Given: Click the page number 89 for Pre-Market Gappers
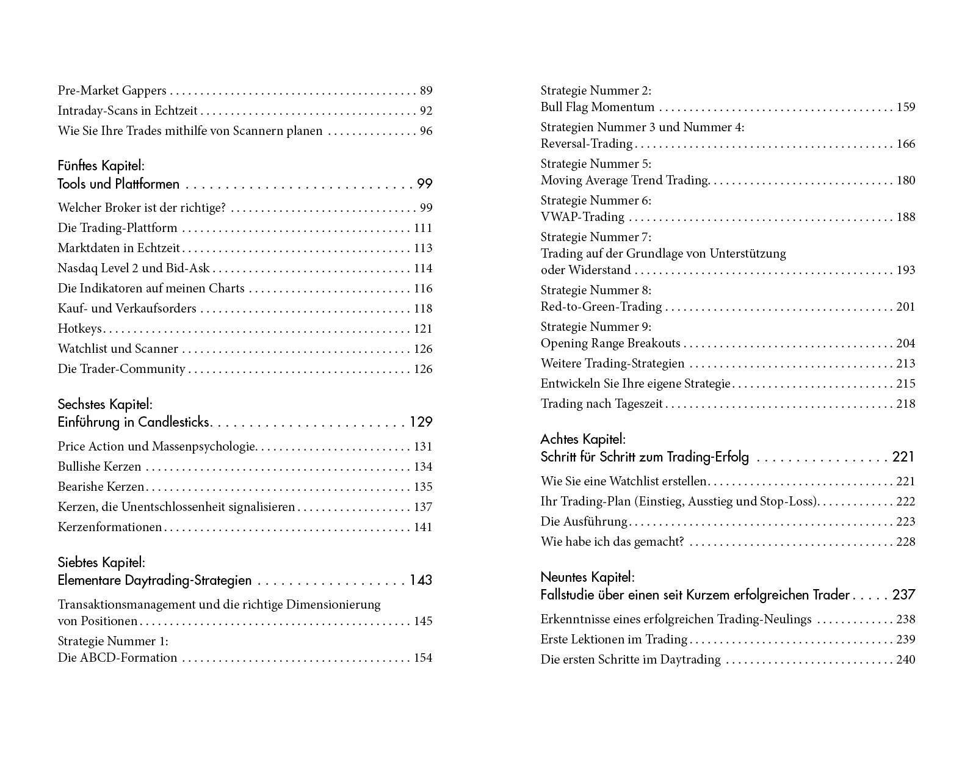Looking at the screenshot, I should [x=426, y=91].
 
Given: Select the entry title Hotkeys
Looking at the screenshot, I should [x=79, y=329].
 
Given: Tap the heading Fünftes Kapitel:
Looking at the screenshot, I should [x=101, y=165].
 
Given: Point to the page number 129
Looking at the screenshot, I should [x=421, y=422].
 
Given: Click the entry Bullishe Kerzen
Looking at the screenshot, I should [x=99, y=467].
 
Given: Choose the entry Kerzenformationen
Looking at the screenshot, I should [x=110, y=527].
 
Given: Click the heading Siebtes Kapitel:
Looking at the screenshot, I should [x=101, y=562].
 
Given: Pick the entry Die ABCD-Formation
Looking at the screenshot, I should [x=117, y=658].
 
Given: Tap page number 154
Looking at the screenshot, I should [x=422, y=658].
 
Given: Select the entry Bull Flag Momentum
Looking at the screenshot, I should [x=598, y=107].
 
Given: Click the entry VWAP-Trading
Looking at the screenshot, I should [x=582, y=217].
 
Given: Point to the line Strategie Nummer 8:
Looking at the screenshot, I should [x=596, y=291].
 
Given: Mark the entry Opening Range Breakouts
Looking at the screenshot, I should [x=610, y=344].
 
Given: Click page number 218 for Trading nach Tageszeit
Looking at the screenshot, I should [x=905, y=404].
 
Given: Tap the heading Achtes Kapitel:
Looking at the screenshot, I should [x=583, y=439].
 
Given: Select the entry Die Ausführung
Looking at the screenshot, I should [x=584, y=522].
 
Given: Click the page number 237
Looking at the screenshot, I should [x=903, y=595].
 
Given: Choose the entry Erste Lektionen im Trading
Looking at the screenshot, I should [x=614, y=640].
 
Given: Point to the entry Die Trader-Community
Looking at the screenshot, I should [x=121, y=369].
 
